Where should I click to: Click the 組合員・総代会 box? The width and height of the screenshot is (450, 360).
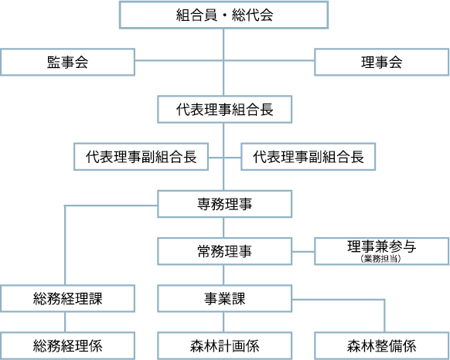click(x=223, y=15)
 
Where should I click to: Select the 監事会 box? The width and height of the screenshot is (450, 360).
click(x=67, y=62)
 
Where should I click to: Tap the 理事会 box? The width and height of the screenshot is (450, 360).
click(x=382, y=62)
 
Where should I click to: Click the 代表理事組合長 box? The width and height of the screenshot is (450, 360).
click(x=225, y=109)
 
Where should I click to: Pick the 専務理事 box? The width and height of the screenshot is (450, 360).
click(x=225, y=204)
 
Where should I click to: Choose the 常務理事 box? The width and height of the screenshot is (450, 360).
click(x=225, y=251)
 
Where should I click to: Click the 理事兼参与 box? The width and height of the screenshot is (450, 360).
click(x=382, y=251)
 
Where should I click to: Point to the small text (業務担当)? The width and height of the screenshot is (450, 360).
click(x=381, y=259)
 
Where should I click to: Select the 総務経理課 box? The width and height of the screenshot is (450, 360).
click(x=67, y=299)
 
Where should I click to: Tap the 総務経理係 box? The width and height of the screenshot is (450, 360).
click(x=67, y=345)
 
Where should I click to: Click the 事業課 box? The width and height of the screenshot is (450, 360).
click(x=225, y=299)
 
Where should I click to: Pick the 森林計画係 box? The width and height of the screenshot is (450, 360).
click(x=225, y=345)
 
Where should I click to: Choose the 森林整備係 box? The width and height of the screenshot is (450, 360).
click(x=382, y=345)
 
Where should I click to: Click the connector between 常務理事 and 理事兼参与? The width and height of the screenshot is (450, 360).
click(x=303, y=252)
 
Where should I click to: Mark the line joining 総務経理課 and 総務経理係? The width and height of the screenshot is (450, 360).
click(x=65, y=322)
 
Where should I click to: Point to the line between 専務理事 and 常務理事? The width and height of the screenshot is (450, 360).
click(x=223, y=227)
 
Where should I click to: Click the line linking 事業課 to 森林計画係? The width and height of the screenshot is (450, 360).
click(x=223, y=322)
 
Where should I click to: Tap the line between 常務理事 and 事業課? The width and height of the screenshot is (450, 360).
click(x=223, y=275)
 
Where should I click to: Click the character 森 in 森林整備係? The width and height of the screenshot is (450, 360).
click(x=354, y=346)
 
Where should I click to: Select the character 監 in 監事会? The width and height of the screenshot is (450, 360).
click(x=53, y=63)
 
